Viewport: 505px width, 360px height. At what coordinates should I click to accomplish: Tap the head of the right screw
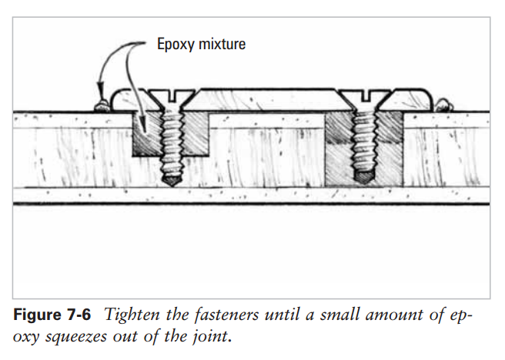[x=363, y=98]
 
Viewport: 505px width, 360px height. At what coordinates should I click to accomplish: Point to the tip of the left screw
[x=171, y=182]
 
